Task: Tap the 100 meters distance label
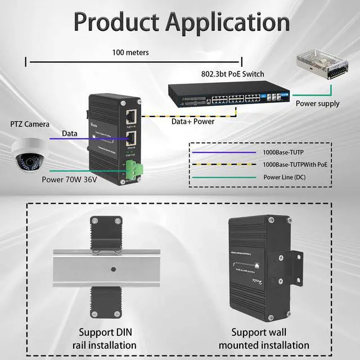[130, 52]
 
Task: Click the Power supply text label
[318, 103]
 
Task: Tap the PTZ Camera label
[29, 124]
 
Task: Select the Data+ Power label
[193, 121]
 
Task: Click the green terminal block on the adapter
[135, 168]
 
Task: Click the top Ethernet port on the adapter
[131, 118]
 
